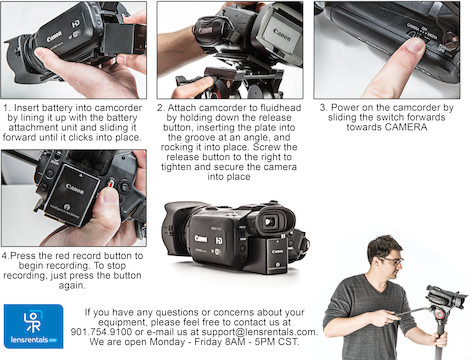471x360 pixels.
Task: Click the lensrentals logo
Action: pyautogui.click(x=33, y=326)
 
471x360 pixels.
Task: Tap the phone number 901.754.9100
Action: pyautogui.click(x=101, y=332)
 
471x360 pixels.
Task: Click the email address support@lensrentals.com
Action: pyautogui.click(x=258, y=332)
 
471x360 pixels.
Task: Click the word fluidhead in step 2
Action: pyautogui.click(x=280, y=108)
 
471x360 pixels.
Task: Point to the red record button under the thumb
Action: pyautogui.click(x=111, y=183)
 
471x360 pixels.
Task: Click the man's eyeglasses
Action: pyautogui.click(x=393, y=261)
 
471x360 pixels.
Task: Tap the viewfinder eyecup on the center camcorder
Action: pyautogui.click(x=276, y=220)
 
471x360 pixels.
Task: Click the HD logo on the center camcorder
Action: pyautogui.click(x=219, y=241)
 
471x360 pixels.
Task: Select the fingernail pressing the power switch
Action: pyautogui.click(x=415, y=46)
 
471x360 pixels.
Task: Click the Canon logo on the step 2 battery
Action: pyautogui.click(x=282, y=35)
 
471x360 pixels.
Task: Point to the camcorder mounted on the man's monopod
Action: pyautogui.click(x=447, y=296)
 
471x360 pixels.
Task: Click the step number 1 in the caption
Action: pyautogui.click(x=6, y=108)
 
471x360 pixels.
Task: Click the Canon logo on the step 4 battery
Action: pyautogui.click(x=75, y=188)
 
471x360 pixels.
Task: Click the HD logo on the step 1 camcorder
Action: pyautogui.click(x=76, y=24)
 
